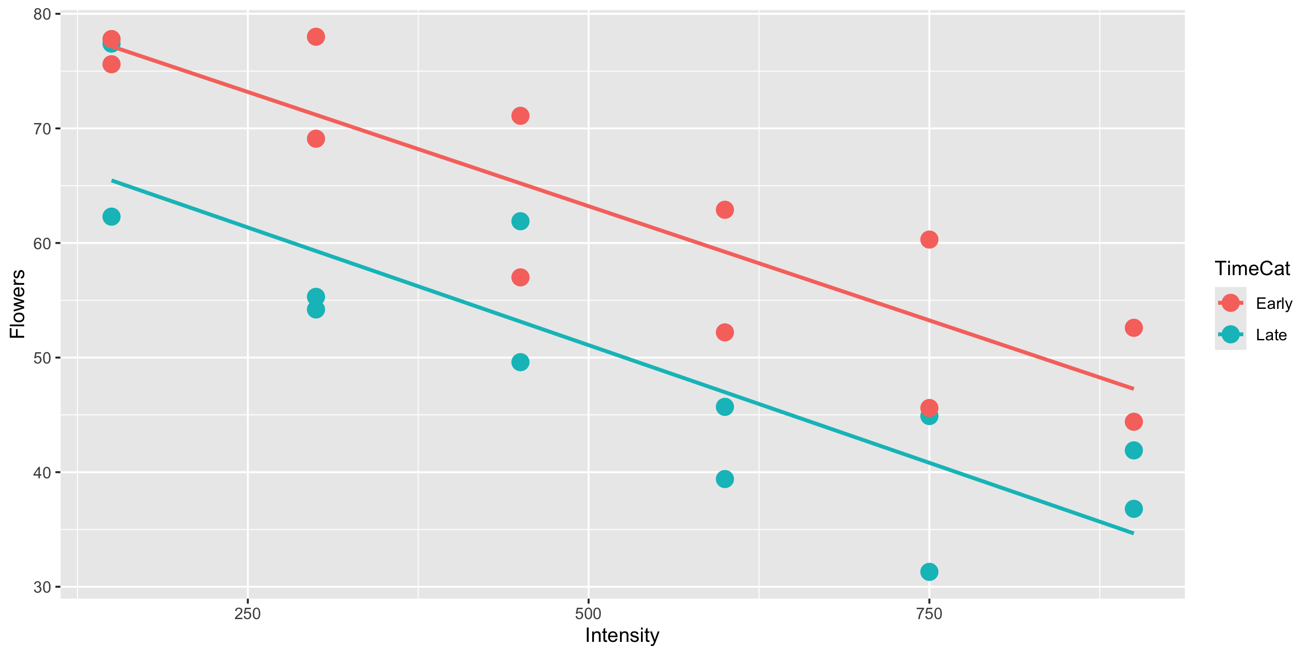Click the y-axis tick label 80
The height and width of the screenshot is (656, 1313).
pyautogui.click(x=42, y=14)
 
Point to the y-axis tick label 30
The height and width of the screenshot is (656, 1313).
pyautogui.click(x=42, y=587)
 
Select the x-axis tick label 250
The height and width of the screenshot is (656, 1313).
pyautogui.click(x=247, y=614)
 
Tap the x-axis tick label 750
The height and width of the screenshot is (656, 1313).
pyautogui.click(x=929, y=614)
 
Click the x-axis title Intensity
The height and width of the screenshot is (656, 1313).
pyautogui.click(x=622, y=635)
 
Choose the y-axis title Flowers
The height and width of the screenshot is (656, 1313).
pyautogui.click(x=17, y=303)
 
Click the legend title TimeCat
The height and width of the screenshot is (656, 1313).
pyautogui.click(x=1252, y=268)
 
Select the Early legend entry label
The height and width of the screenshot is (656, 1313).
pyautogui.click(x=1274, y=303)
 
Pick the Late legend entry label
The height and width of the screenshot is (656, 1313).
pyautogui.click(x=1271, y=335)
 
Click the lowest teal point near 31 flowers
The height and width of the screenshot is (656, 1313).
pyautogui.click(x=929, y=572)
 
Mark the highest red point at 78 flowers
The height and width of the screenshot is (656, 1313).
pyautogui.click(x=316, y=36)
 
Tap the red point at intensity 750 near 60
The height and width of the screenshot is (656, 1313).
pyautogui.click(x=929, y=239)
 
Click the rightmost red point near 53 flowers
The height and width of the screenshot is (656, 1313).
pyautogui.click(x=1133, y=328)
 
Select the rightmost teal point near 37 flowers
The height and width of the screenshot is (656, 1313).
pyautogui.click(x=1133, y=509)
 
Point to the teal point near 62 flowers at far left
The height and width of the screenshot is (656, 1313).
pyautogui.click(x=111, y=217)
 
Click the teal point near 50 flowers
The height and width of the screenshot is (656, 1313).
pyautogui.click(x=520, y=363)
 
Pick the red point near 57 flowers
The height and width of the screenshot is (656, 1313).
pyautogui.click(x=520, y=277)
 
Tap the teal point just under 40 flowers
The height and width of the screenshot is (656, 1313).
pyautogui.click(x=724, y=479)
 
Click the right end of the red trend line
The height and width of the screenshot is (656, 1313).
pyautogui.click(x=1132, y=389)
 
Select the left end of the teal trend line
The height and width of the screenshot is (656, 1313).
pyautogui.click(x=112, y=180)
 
